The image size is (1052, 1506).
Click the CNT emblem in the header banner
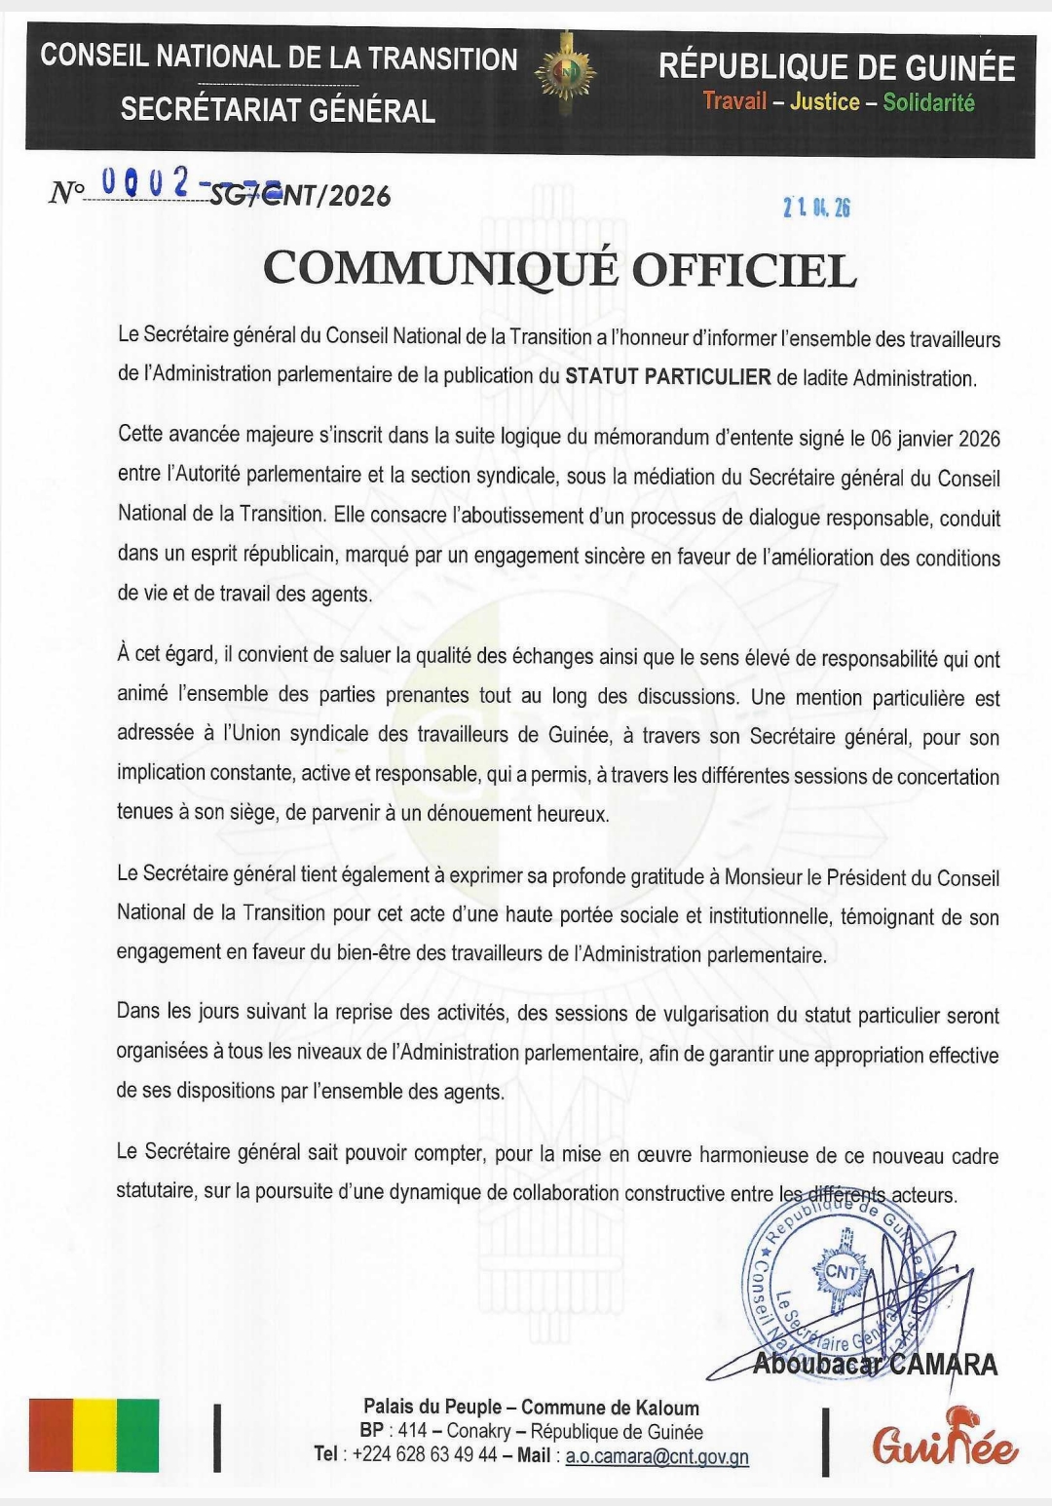click(x=565, y=72)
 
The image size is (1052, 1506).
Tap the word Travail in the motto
click(x=734, y=102)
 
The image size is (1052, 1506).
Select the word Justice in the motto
click(x=824, y=102)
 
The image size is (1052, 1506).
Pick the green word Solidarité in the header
click(x=928, y=102)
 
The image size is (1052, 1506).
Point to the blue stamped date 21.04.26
click(x=816, y=207)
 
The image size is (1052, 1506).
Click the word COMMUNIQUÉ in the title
click(x=440, y=270)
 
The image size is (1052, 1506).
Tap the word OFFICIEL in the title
click(x=744, y=270)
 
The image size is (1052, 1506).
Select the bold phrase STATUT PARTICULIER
click(x=668, y=377)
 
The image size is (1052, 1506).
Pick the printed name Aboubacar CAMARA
click(x=875, y=1365)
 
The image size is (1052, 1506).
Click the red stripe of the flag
click(x=51, y=1435)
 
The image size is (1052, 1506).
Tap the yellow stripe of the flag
click(x=94, y=1435)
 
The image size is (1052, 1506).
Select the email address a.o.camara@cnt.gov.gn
click(x=657, y=1456)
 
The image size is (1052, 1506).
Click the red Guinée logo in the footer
click(x=944, y=1441)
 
